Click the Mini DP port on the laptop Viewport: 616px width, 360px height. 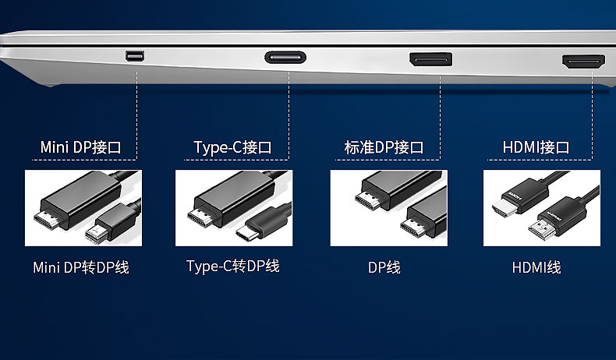point(135,56)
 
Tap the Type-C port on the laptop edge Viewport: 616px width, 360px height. point(285,58)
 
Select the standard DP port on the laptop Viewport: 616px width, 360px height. point(430,59)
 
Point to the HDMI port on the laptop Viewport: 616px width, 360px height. point(583,62)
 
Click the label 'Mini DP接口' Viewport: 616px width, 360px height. point(80,147)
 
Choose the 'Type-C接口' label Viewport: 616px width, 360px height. point(232,147)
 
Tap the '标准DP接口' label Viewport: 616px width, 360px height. point(384,147)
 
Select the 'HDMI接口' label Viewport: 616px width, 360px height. point(536,147)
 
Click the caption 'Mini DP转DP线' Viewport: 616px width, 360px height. point(81,267)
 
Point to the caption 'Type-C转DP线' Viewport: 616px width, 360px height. point(232,266)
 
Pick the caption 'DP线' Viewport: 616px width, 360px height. point(384,267)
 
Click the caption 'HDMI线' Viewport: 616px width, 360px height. point(536,267)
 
